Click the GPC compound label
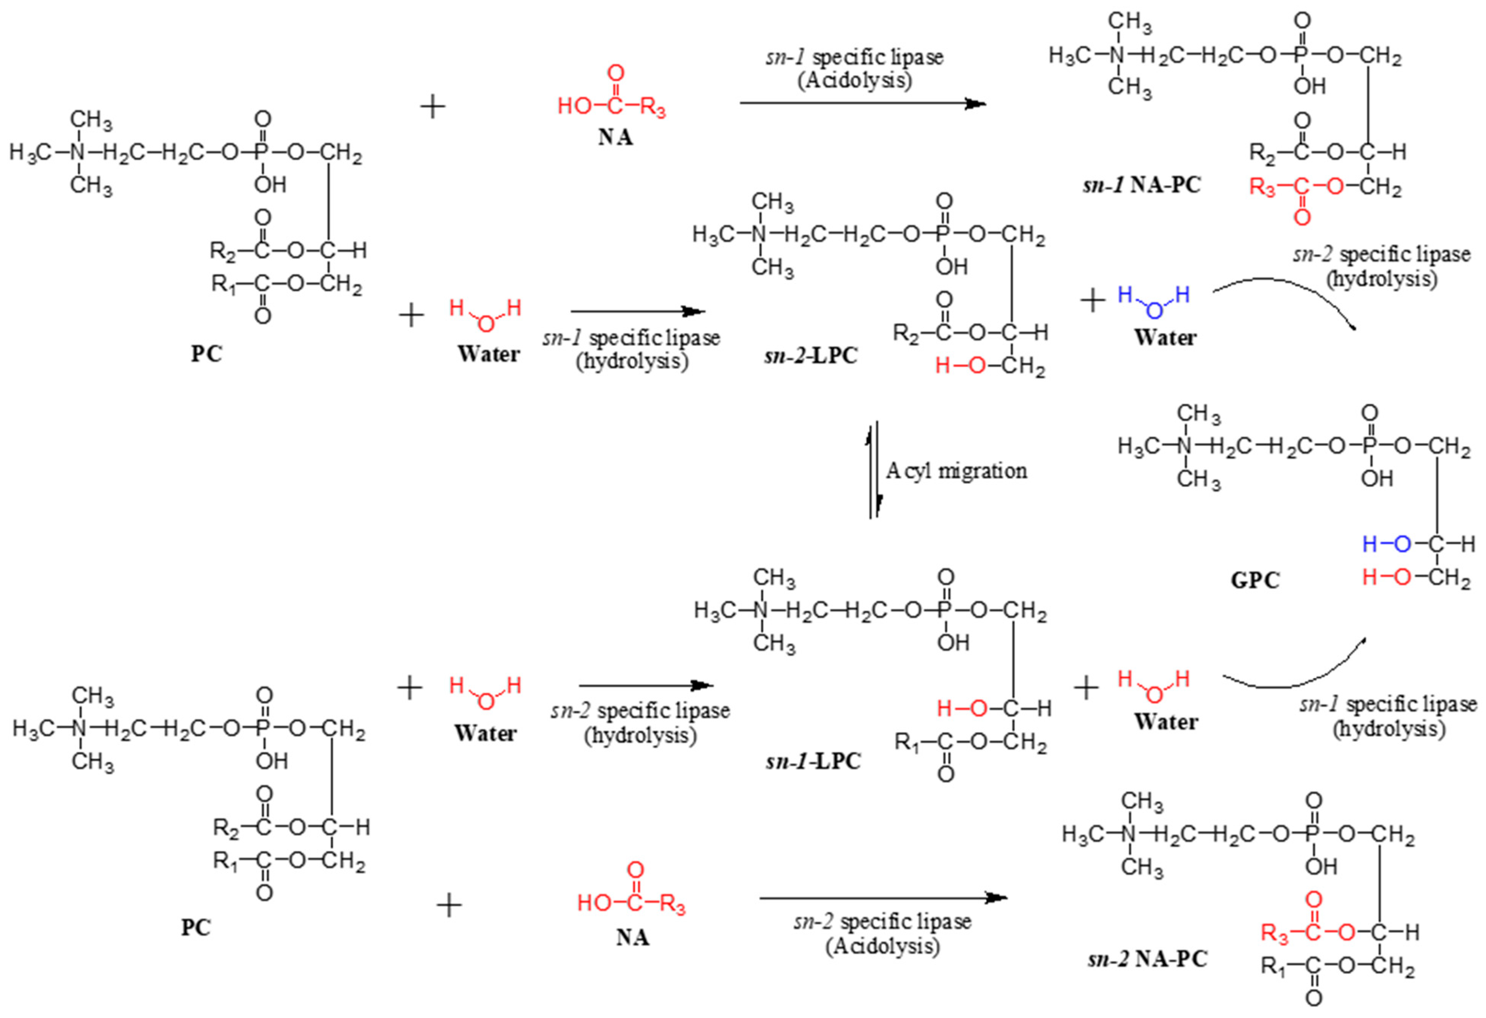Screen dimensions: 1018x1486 click(1255, 581)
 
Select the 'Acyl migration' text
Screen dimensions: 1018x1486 click(956, 471)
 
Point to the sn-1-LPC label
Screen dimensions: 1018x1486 click(813, 761)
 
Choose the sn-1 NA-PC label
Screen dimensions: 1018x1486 click(1142, 185)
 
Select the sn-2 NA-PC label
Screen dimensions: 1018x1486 click(1147, 959)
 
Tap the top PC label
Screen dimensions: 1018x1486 click(206, 353)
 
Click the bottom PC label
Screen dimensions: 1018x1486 click(196, 927)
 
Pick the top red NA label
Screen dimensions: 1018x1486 click(615, 137)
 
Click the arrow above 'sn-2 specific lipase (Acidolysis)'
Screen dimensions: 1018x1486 click(882, 899)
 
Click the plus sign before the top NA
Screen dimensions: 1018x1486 click(433, 107)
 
